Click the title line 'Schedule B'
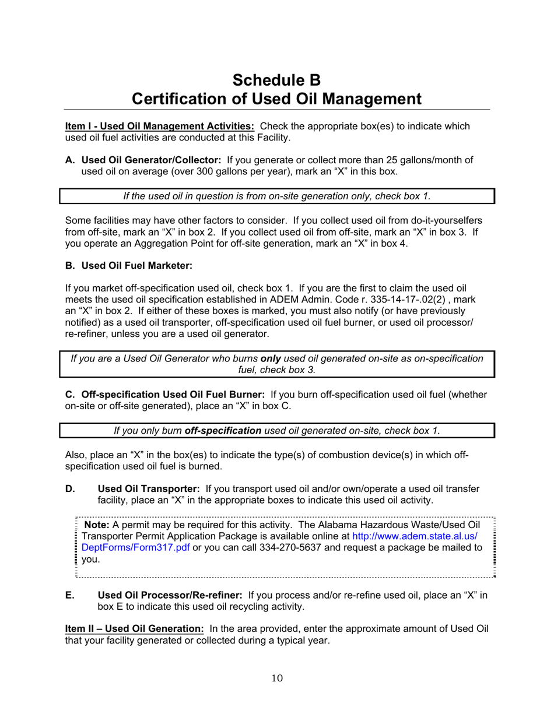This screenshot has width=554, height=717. coord(276,80)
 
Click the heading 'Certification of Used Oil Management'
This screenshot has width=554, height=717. coord(276,99)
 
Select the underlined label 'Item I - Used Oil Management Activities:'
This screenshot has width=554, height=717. coord(159,126)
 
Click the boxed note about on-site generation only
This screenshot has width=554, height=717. coord(277,196)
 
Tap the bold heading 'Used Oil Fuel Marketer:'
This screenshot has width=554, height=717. coord(136,266)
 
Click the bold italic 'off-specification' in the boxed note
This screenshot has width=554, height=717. coord(223,431)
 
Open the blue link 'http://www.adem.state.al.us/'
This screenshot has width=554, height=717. coord(415,536)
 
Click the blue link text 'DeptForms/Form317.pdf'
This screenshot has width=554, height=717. coord(136,547)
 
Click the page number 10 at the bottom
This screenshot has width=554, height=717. coord(277,678)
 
